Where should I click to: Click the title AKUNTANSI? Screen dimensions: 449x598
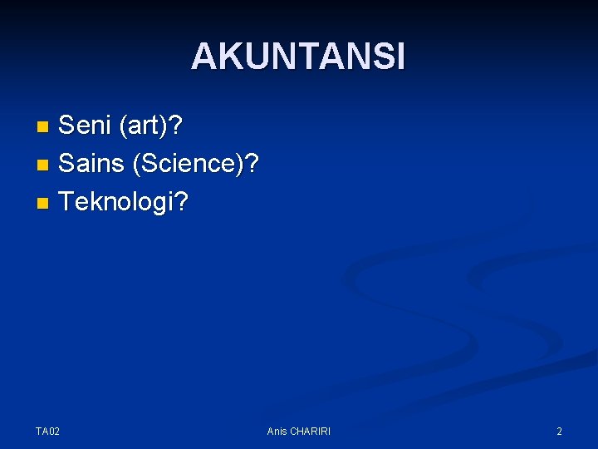tap(298, 57)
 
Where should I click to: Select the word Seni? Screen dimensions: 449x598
tap(86, 127)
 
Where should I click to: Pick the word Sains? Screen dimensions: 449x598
tap(91, 164)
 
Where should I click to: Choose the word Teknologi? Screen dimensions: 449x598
tap(116, 201)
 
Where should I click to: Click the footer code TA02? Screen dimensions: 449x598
tap(47, 431)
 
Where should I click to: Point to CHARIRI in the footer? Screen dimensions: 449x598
tap(311, 431)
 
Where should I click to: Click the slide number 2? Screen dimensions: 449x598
tap(559, 431)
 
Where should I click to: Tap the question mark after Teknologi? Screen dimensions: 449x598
tap(181, 201)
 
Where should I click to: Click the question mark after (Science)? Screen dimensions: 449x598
tap(252, 164)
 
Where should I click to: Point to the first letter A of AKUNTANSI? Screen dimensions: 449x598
tap(203, 57)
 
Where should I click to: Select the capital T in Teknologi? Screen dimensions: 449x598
tap(67, 201)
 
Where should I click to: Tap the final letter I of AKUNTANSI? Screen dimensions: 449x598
tap(400, 57)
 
